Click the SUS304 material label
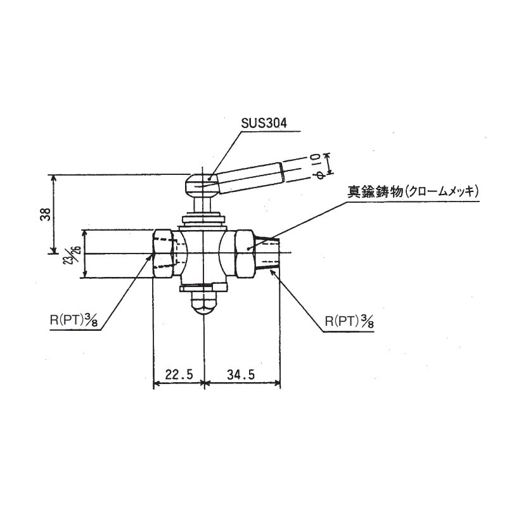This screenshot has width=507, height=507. pyautogui.click(x=264, y=124)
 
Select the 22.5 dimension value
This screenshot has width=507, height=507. pyautogui.click(x=178, y=375)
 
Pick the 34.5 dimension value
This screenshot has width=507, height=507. pyautogui.click(x=241, y=375)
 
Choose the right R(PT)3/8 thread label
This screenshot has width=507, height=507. pyautogui.click(x=348, y=321)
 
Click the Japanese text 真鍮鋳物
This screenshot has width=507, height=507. pyautogui.click(x=374, y=191)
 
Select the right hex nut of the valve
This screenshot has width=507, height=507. pyautogui.click(x=246, y=253)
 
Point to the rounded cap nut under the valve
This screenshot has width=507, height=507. pyautogui.click(x=203, y=305)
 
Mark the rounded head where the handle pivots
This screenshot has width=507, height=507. pyautogui.click(x=202, y=185)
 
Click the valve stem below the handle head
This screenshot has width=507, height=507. pyautogui.click(x=203, y=205)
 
